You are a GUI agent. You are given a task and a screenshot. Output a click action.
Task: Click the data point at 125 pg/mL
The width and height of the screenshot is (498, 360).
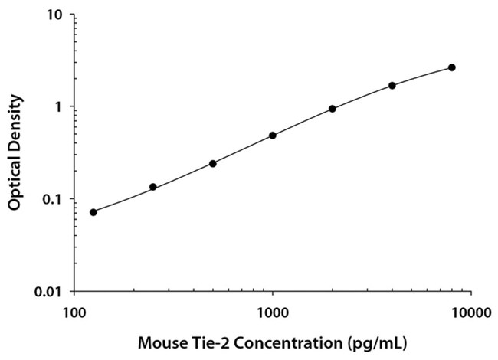point(93,212)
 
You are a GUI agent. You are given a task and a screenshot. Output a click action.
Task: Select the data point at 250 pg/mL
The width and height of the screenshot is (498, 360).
point(153,187)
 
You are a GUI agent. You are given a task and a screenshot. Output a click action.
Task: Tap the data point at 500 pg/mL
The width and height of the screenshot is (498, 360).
point(213,164)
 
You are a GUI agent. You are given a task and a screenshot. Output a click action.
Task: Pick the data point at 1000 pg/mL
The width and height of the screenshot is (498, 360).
point(273,136)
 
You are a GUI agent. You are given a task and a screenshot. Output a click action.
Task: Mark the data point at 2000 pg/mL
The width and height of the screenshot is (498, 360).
point(333,109)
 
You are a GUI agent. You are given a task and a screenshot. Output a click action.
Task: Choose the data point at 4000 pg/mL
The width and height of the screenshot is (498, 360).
point(392,86)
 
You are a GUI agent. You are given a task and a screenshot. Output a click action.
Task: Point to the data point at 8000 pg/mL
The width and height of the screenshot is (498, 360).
point(452,67)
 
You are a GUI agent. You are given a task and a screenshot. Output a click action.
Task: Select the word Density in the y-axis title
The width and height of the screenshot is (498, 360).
point(15,123)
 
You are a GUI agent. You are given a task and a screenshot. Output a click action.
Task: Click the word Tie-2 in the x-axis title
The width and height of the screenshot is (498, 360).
point(211,339)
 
